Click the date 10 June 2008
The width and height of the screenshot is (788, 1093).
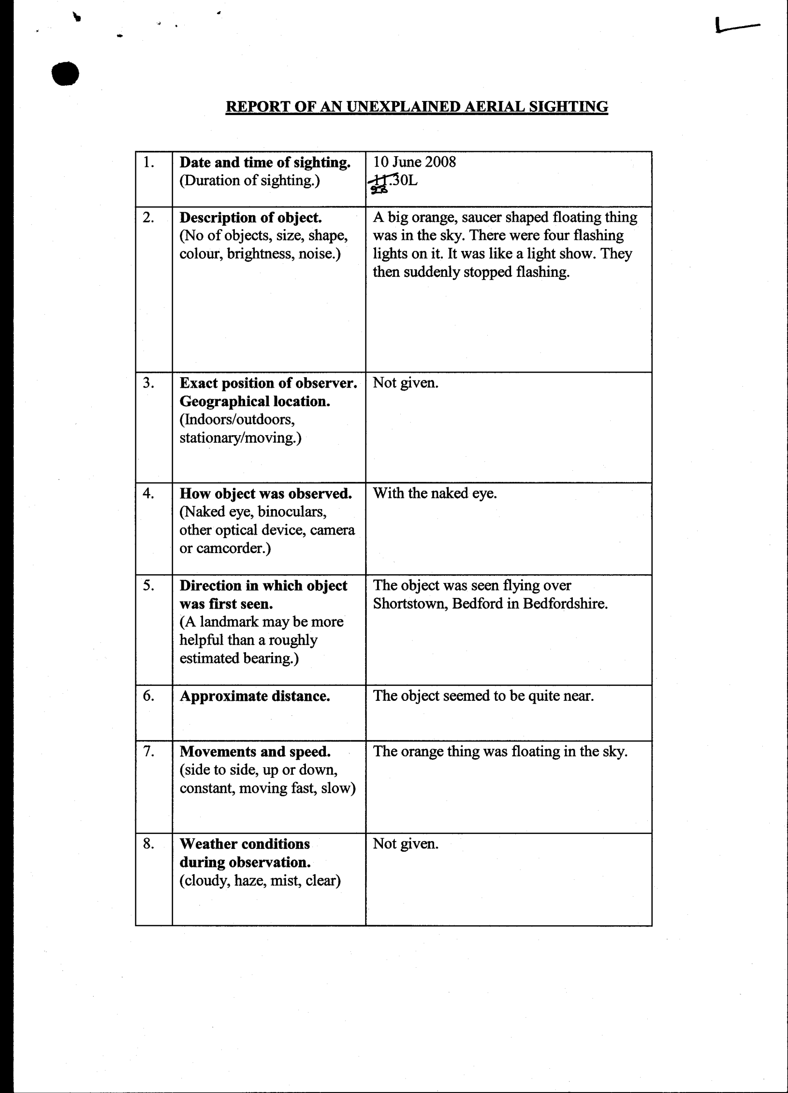click(x=414, y=161)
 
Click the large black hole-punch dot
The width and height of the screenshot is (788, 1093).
click(x=65, y=74)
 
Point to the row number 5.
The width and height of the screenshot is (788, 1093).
click(x=148, y=585)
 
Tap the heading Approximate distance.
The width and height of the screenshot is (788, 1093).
click(x=254, y=696)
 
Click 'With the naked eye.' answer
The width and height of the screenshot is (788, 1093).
click(x=434, y=493)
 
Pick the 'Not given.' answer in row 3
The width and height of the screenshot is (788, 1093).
click(x=405, y=383)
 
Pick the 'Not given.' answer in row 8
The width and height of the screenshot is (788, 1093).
click(x=405, y=844)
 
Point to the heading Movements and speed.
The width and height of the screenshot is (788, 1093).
click(x=255, y=751)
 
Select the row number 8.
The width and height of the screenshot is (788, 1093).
click(x=148, y=843)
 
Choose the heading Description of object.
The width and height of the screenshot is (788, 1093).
click(x=251, y=217)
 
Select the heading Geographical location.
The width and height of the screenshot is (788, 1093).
click(x=254, y=401)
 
